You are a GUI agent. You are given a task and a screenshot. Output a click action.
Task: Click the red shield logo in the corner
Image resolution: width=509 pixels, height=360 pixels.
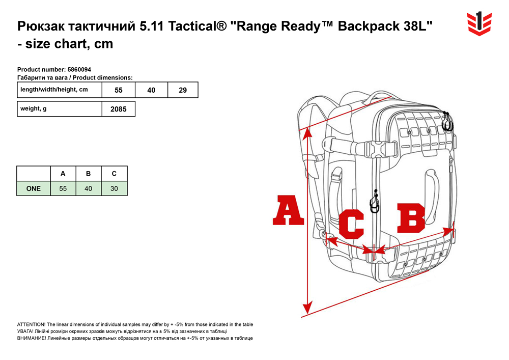(x=479, y=24)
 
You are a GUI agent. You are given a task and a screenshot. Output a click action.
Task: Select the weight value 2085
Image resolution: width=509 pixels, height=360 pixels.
(x=119, y=109)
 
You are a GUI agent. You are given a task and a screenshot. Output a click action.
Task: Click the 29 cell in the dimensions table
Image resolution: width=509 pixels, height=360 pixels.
(x=183, y=90)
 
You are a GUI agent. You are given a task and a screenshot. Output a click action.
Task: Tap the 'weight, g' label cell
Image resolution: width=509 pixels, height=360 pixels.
(x=60, y=109)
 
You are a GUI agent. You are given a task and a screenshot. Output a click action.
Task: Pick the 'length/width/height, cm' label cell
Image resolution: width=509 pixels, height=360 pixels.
(x=60, y=90)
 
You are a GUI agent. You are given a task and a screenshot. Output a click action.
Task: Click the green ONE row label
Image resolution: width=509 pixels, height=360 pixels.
(x=34, y=188)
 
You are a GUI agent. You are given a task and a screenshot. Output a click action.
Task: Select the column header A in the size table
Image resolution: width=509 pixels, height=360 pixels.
(x=63, y=174)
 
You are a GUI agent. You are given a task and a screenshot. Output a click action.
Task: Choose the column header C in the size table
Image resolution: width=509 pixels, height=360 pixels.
(x=114, y=174)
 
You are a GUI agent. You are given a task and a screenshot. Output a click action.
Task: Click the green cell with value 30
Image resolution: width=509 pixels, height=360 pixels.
(x=114, y=188)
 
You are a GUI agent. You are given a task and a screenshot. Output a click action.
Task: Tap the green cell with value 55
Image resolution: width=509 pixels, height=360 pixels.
(x=63, y=188)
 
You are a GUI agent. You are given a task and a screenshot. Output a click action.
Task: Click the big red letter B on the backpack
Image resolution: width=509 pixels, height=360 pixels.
(x=411, y=218)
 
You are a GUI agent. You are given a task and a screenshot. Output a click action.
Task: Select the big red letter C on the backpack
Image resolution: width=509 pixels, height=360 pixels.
(x=351, y=224)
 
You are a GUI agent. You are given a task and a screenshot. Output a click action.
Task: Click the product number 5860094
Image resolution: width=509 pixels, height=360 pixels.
(x=79, y=69)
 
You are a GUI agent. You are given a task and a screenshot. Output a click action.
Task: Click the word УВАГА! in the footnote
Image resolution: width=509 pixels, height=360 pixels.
(x=25, y=331)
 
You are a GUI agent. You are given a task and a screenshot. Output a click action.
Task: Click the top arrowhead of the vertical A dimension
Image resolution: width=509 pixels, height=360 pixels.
(x=307, y=133)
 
